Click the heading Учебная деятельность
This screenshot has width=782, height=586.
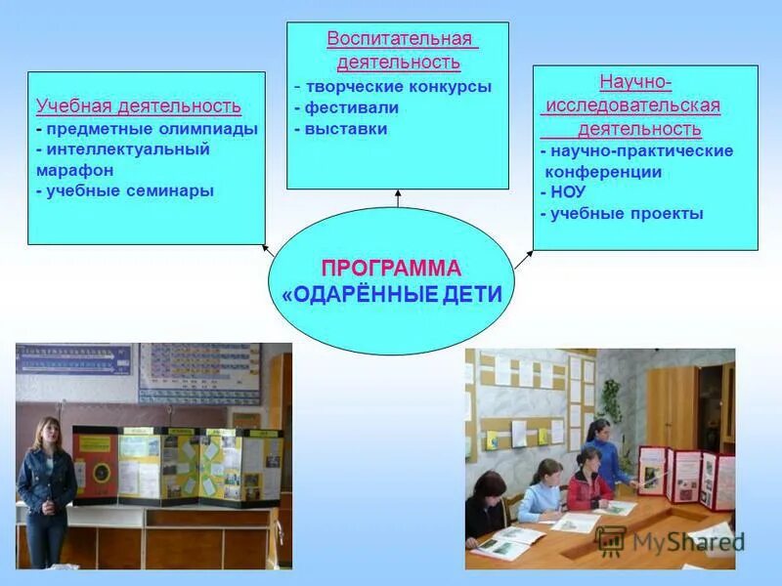click(x=138, y=106)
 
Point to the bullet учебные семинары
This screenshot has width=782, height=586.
click(x=127, y=191)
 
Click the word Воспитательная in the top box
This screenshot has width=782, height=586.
click(x=399, y=40)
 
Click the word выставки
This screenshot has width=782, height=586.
click(x=346, y=129)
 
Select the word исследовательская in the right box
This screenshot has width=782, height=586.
click(x=632, y=105)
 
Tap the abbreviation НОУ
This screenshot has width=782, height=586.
click(x=567, y=192)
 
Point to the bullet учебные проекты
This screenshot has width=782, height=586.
click(x=625, y=214)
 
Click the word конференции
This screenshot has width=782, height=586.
click(x=603, y=172)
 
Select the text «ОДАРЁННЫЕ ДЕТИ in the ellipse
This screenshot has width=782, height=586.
click(x=391, y=294)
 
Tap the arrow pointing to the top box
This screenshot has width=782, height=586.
click(x=398, y=196)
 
